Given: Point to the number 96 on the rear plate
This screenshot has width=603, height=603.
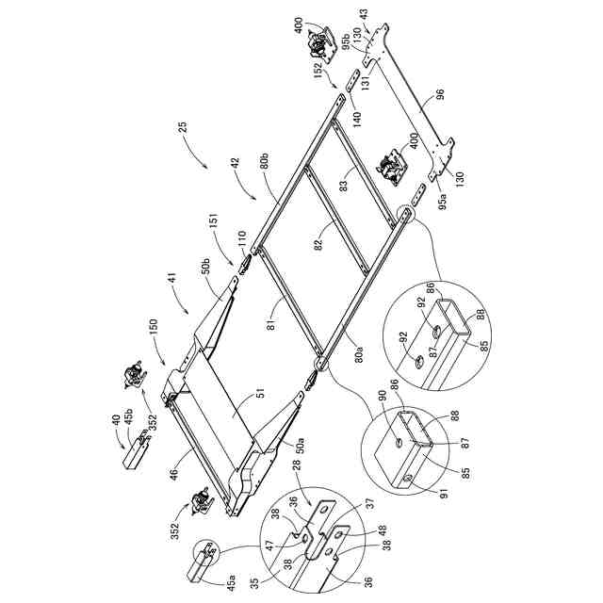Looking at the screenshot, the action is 439,96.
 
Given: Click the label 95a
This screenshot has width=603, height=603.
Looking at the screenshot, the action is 446,200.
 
